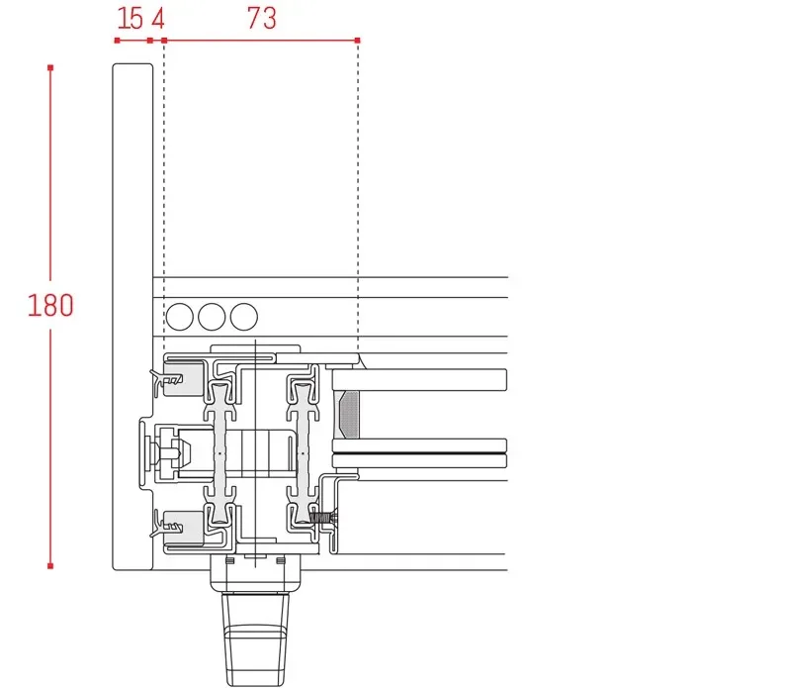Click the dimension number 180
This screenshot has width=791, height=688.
[50, 305]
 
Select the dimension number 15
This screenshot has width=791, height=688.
[130, 18]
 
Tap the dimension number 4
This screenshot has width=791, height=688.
[158, 18]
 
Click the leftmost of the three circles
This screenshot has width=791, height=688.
[180, 317]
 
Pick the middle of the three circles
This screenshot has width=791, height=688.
[212, 317]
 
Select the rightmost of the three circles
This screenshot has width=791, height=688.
[243, 317]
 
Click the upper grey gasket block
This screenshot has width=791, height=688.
[181, 378]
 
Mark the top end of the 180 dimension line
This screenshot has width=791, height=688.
[50, 67]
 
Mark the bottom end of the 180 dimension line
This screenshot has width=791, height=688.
[50, 566]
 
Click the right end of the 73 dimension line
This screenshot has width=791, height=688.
[357, 41]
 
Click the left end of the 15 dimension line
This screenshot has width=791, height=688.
[117, 41]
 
